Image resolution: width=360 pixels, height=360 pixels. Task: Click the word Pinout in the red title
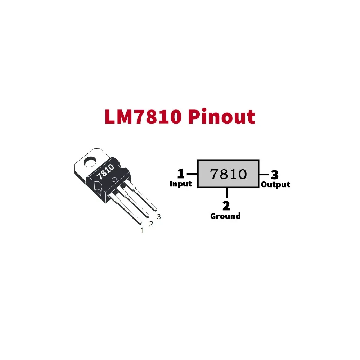point(221,117)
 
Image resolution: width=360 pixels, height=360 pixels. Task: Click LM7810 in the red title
point(143,117)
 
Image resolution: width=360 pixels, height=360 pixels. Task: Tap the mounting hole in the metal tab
point(90,162)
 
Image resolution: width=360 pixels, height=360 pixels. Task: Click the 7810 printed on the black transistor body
point(105,172)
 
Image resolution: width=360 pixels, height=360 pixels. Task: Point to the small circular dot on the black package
point(114,180)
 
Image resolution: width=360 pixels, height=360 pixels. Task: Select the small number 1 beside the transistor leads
point(142,230)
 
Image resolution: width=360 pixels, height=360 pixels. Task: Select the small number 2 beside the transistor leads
point(151,224)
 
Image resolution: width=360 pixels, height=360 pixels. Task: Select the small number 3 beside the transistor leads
point(159,216)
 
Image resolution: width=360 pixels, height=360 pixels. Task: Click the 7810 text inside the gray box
point(229,174)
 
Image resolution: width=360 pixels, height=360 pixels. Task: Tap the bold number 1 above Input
point(181,174)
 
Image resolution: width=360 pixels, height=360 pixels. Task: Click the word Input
point(180,184)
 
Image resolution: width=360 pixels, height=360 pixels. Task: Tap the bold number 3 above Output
point(275,175)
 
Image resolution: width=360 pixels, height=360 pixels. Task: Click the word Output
point(275,184)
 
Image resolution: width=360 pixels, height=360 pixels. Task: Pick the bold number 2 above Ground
point(226,206)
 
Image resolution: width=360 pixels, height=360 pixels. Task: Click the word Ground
point(225,216)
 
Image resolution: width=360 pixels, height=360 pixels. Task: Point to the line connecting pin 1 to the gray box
point(192,174)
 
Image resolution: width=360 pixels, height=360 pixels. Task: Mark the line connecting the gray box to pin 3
point(264,175)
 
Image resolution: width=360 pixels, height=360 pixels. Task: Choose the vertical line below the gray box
point(227,193)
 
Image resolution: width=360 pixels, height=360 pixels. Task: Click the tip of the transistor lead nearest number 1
point(140,223)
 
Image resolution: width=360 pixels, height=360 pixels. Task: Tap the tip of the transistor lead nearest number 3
point(156,209)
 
